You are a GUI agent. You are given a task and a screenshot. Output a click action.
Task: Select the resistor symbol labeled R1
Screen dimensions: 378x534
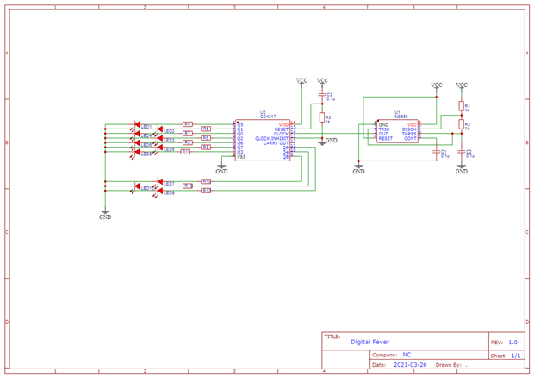pyautogui.click(x=462, y=107)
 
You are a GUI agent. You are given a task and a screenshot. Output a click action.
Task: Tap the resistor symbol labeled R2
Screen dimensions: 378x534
pyautogui.click(x=462, y=126)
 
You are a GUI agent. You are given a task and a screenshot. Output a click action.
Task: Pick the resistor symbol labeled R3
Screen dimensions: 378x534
pyautogui.click(x=322, y=117)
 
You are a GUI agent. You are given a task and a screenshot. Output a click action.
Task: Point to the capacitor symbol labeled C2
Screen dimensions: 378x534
pyautogui.click(x=462, y=153)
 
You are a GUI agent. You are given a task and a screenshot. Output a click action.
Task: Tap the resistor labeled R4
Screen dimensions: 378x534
pyautogui.click(x=188, y=124)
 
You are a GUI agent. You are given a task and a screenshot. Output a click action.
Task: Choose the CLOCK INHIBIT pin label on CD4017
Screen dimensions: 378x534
pyautogui.click(x=271, y=139)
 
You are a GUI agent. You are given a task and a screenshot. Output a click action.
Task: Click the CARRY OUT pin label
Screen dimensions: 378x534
pyautogui.click(x=276, y=143)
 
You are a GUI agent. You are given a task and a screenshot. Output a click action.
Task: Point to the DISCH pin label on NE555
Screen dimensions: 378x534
pyautogui.click(x=409, y=129)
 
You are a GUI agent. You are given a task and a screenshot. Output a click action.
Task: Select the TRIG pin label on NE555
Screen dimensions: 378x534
pyautogui.click(x=384, y=129)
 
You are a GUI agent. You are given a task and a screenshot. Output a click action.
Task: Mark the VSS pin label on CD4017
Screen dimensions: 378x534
pyautogui.click(x=241, y=157)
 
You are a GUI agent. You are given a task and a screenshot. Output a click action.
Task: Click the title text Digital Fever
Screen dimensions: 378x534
pyautogui.click(x=369, y=342)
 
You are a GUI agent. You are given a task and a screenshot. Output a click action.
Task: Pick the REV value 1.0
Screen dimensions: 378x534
pyautogui.click(x=512, y=343)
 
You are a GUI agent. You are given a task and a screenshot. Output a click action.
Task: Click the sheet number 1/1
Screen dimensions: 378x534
pyautogui.click(x=515, y=355)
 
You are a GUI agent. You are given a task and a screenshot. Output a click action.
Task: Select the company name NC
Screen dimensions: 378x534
pyautogui.click(x=407, y=355)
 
